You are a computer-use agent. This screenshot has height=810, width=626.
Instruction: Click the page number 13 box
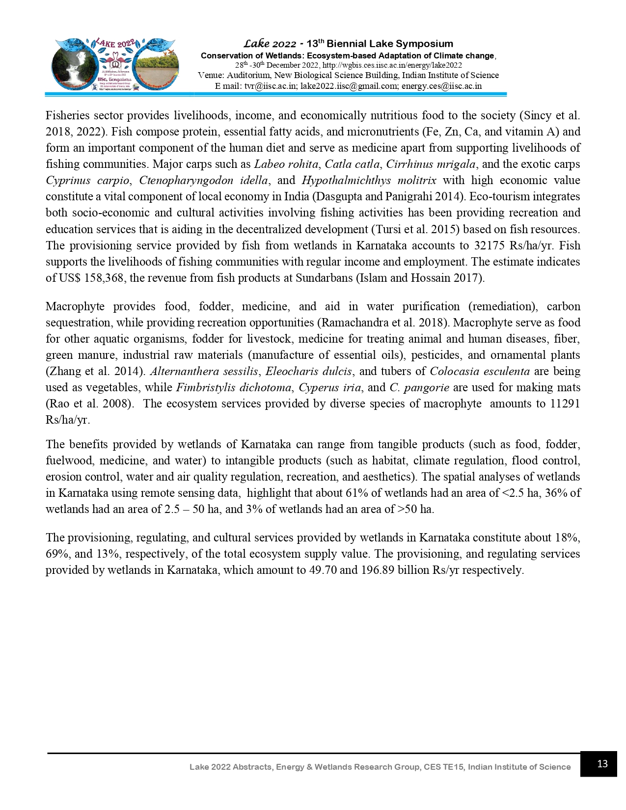(x=598, y=764)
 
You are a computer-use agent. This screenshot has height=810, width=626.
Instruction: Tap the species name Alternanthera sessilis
(x=204, y=371)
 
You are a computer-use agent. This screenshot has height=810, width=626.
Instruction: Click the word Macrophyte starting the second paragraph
(x=75, y=306)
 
